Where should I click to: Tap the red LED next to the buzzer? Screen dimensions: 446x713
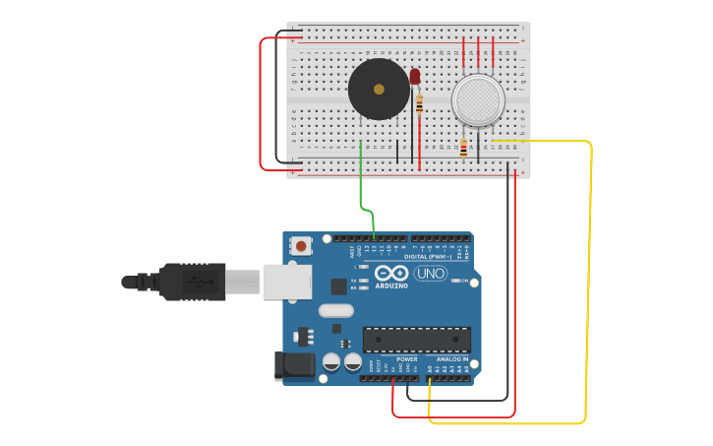tap(415, 76)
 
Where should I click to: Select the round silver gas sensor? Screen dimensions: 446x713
tap(478, 99)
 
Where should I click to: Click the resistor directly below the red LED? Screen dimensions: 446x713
tap(420, 103)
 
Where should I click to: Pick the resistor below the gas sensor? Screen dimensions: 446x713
tap(463, 149)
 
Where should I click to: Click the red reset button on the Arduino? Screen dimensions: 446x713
tap(301, 245)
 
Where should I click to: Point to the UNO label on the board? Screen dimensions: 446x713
tap(430, 273)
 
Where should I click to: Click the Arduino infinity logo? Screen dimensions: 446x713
tap(390, 273)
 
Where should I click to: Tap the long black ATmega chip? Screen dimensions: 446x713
tap(417, 340)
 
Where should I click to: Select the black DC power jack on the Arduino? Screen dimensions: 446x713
tap(294, 366)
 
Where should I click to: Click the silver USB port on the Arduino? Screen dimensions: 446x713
tap(287, 282)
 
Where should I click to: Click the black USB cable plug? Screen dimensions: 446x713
tap(193, 282)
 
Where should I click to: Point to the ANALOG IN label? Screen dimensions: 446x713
tap(452, 359)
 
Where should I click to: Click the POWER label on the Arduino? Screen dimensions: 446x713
tap(407, 359)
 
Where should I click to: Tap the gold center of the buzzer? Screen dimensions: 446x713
tap(379, 90)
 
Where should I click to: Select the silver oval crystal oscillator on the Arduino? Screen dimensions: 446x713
tap(335, 311)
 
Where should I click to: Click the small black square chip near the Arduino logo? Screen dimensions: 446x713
tap(339, 287)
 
